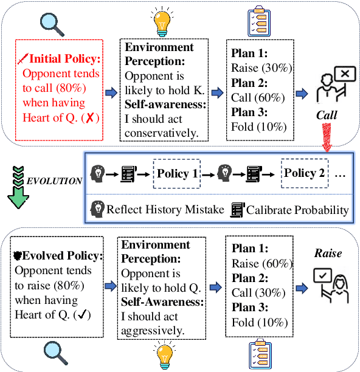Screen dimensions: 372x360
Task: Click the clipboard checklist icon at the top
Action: click(258, 21)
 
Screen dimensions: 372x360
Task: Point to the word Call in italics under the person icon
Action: click(327, 114)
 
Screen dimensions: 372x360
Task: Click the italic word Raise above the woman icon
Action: click(327, 253)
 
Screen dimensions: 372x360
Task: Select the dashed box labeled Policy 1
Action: click(178, 174)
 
